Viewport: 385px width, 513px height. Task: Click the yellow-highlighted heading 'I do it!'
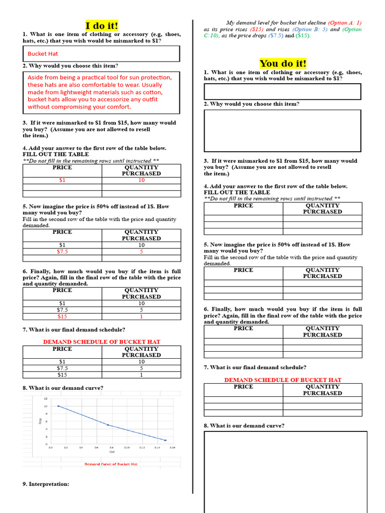pyautogui.click(x=102, y=26)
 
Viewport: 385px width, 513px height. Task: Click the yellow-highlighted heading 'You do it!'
pyautogui.click(x=283, y=63)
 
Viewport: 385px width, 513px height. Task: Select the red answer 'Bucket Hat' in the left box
pyautogui.click(x=43, y=54)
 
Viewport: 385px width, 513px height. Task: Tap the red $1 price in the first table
pyautogui.click(x=62, y=180)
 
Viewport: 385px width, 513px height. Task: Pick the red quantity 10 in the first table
pyautogui.click(x=141, y=180)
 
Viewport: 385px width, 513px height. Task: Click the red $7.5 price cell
pyautogui.click(x=62, y=251)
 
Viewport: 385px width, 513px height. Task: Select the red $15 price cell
pyautogui.click(x=62, y=317)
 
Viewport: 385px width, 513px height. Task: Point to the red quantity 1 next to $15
pyautogui.click(x=141, y=317)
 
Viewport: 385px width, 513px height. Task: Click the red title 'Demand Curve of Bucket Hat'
pyautogui.click(x=111, y=464)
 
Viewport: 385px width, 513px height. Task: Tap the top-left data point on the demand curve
pyautogui.click(x=59, y=406)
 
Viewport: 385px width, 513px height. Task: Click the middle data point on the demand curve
pyautogui.click(x=108, y=425)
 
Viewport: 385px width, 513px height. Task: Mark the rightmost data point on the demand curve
pyautogui.click(x=165, y=440)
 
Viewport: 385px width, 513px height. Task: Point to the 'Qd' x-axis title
pyautogui.click(x=112, y=452)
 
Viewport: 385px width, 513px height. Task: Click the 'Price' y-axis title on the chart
pyautogui.click(x=40, y=421)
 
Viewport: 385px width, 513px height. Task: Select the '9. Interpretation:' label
pyautogui.click(x=46, y=484)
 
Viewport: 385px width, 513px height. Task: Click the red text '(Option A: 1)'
pyautogui.click(x=344, y=23)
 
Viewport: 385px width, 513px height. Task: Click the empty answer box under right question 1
pyautogui.click(x=282, y=92)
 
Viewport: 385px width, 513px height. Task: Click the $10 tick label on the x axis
pyautogui.click(x=127, y=447)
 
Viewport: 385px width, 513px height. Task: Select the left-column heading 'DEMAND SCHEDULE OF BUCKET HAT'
pyautogui.click(x=102, y=342)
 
